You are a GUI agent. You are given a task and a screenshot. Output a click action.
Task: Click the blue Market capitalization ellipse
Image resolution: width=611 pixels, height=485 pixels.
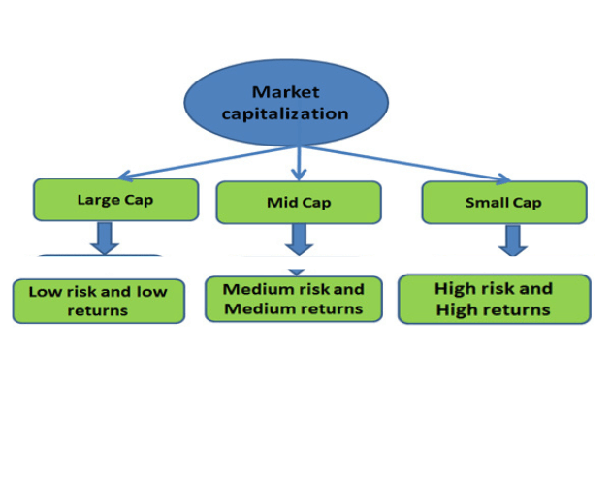(x=286, y=103)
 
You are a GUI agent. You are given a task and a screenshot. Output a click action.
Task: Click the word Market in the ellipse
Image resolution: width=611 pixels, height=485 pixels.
(x=286, y=92)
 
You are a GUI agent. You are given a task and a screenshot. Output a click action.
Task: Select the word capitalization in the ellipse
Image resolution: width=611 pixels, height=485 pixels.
(x=286, y=113)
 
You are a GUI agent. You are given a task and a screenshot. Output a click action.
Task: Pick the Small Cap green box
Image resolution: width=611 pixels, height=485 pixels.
(x=503, y=202)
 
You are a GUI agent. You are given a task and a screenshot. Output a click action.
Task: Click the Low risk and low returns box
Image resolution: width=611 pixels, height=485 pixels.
(x=98, y=301)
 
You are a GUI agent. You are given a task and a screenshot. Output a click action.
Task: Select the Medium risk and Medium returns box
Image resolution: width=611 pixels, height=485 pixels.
(x=294, y=299)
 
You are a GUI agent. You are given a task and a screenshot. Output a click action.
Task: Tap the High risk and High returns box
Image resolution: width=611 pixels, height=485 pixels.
(x=494, y=299)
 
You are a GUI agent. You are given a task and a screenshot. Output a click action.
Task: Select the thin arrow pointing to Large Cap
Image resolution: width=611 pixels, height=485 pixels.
(x=194, y=162)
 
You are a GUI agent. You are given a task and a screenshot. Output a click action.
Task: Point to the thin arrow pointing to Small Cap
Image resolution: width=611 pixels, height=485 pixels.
(x=407, y=164)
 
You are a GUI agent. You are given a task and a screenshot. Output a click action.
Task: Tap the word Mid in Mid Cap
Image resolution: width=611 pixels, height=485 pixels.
(x=281, y=203)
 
